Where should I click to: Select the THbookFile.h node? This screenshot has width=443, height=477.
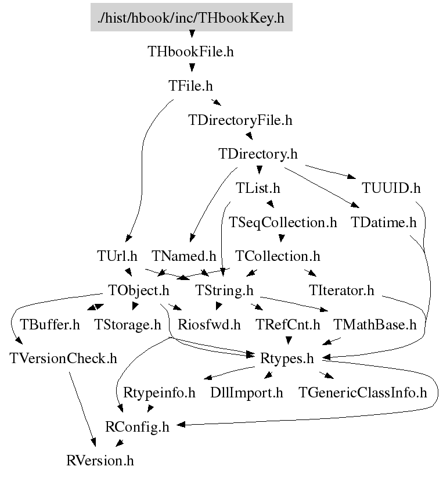(x=191, y=52)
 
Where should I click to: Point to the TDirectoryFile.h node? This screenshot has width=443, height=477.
(x=240, y=121)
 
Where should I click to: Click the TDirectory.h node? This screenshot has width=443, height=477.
(x=258, y=155)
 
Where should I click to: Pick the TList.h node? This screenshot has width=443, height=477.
(x=258, y=188)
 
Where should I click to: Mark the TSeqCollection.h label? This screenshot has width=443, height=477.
(x=283, y=222)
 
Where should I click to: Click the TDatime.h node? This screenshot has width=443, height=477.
(x=384, y=222)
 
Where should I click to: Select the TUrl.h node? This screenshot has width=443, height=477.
(x=117, y=256)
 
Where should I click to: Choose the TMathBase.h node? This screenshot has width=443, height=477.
(x=374, y=324)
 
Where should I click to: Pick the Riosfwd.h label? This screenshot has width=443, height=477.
(x=209, y=324)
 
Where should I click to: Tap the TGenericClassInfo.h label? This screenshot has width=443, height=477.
(x=363, y=393)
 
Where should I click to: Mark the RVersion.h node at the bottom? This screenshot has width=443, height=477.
(x=100, y=461)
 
